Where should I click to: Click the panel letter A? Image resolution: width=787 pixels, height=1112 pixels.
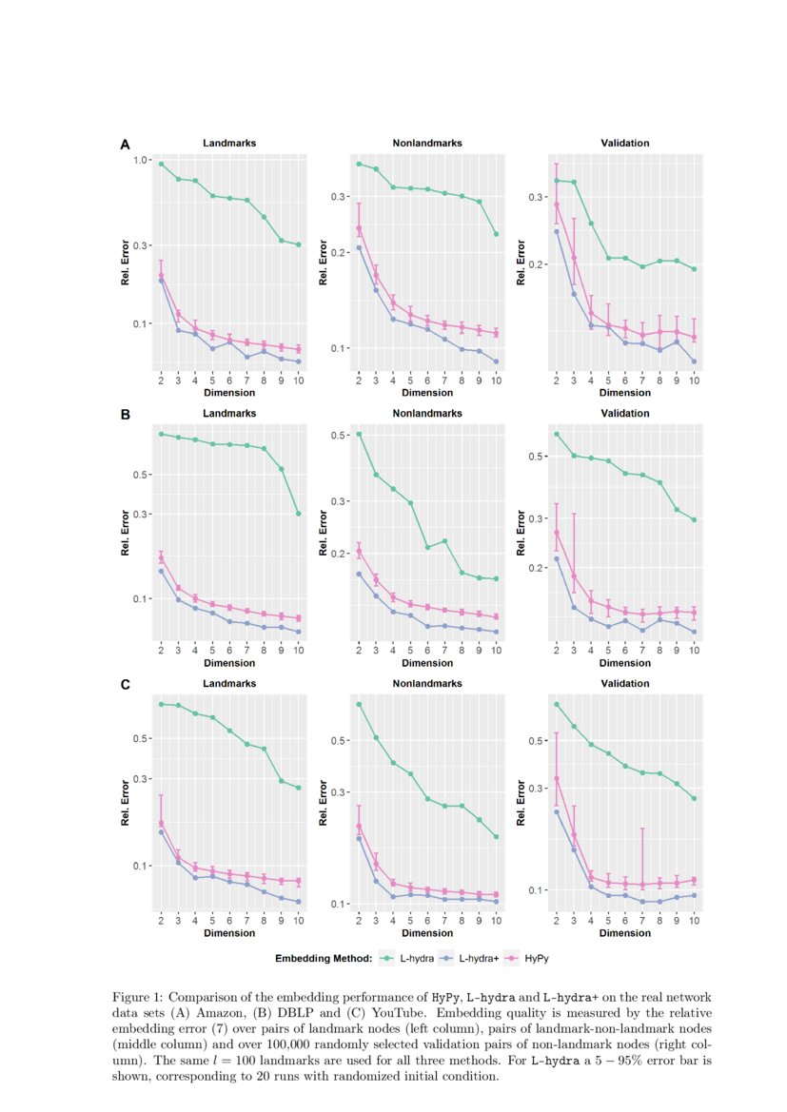pos(125,145)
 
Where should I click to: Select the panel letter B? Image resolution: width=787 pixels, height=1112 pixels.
pos(125,415)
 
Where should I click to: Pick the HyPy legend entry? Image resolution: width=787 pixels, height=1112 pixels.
pos(537,959)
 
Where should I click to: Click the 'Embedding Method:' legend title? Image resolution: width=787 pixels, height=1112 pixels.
pos(323,959)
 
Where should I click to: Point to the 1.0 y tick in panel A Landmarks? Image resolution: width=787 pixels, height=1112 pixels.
pos(143,160)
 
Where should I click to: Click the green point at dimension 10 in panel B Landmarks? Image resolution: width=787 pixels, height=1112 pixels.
pos(299,514)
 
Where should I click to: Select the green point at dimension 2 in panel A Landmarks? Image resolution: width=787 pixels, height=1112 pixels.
pos(161,164)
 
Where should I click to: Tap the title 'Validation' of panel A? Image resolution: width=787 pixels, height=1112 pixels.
pos(625,143)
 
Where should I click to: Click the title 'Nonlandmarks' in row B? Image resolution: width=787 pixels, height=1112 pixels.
pos(427,413)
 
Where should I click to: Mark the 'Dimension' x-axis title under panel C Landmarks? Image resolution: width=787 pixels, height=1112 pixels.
pos(229,932)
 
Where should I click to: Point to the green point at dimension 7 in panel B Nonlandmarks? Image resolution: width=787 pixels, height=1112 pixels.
pos(444,541)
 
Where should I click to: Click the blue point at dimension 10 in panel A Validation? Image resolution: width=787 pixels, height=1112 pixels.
pos(694,361)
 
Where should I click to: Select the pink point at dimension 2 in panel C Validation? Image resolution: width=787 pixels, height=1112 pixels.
pos(557,778)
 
